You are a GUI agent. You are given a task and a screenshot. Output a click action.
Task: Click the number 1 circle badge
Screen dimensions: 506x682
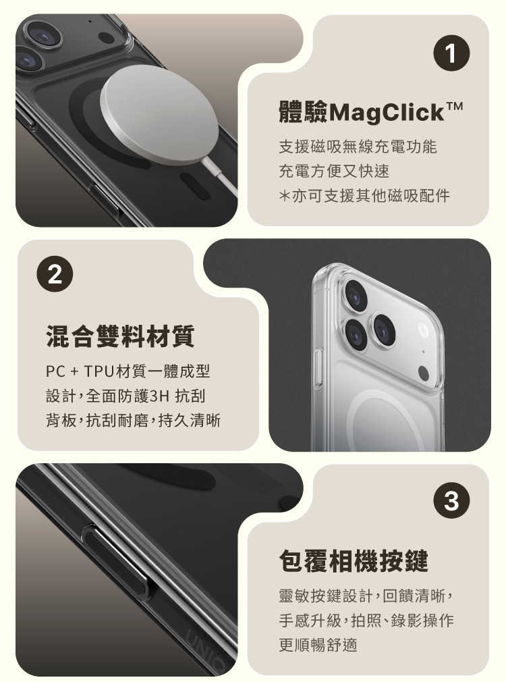pos(451,54)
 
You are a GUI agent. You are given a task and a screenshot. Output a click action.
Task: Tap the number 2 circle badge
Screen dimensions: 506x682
pos(55,275)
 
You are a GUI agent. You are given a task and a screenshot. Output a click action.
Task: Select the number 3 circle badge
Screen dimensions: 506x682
pos(451,500)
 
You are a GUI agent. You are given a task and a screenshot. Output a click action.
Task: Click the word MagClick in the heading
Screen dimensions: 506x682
pos(387,113)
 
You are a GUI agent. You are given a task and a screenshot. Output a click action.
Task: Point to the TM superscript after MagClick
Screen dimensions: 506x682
pos(454,107)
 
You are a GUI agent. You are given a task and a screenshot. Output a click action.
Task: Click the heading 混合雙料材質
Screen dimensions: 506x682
pos(120,336)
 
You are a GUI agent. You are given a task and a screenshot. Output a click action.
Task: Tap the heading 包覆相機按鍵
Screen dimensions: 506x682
pos(354,561)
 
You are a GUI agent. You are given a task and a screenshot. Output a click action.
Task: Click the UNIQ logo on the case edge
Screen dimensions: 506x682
pos(206,648)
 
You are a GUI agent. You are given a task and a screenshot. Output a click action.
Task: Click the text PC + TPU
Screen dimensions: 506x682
pos(78,371)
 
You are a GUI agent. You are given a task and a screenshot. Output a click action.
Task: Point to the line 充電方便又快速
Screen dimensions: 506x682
pos(334,171)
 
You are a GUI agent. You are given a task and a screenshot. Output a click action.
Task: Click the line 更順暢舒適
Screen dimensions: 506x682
pos(318,645)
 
